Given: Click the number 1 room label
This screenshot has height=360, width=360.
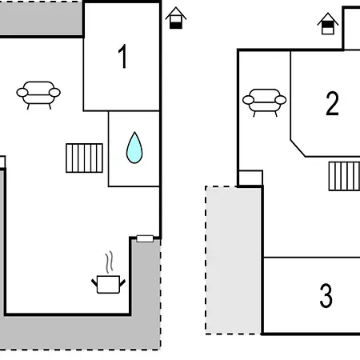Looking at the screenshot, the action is point(122,57).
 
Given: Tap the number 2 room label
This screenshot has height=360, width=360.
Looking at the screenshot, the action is point(332,103).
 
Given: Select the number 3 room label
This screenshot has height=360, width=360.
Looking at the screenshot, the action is point(326,295).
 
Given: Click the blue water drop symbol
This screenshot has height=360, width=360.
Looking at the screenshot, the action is point(134,147).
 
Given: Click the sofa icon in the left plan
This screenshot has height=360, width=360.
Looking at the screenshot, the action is point(38,95).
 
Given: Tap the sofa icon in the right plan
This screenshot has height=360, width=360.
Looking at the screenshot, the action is point(264,102).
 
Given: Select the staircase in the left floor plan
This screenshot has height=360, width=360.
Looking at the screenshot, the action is point(84,158).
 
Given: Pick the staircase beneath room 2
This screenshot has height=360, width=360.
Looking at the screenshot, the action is point(344,176).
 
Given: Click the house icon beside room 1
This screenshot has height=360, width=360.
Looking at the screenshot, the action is point(176,18).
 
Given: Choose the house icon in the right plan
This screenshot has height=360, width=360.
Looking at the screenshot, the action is point(328,23).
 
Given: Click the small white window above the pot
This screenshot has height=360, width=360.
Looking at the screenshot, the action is point(145,238).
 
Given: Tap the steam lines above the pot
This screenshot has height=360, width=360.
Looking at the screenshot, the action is point(109,262).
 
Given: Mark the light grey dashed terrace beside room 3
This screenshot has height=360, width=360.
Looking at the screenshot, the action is point(234,260).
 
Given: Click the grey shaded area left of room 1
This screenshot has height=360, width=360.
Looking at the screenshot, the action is point(42,18).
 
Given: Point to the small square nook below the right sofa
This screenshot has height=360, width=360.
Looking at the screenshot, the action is point(250,178).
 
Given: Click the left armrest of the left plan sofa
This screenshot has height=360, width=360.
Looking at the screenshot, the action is point(22,93).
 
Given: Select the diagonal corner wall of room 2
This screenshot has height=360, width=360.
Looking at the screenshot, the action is point(298,148).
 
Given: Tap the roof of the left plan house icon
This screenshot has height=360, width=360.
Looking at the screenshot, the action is point(176,13).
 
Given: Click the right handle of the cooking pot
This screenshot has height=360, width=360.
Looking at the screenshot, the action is point(122,282).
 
